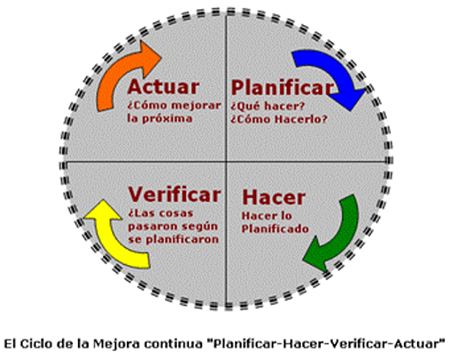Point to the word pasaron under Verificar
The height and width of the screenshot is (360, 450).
(x=152, y=225)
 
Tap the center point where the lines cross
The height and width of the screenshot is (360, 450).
(x=226, y=162)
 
